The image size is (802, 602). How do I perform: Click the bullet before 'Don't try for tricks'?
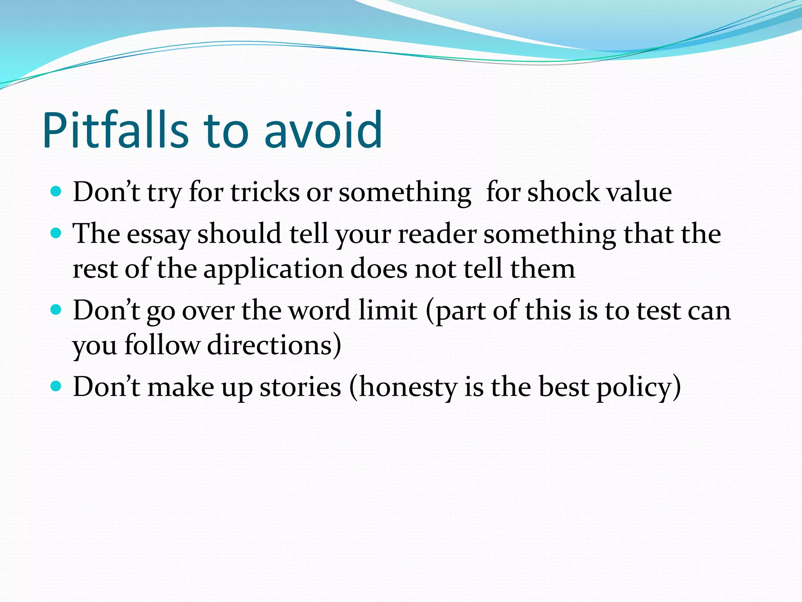(x=56, y=192)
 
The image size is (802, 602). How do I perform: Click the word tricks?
(x=265, y=192)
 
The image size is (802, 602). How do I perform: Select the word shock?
(x=563, y=192)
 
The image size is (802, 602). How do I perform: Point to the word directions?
(x=270, y=345)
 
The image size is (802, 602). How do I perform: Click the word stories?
(x=300, y=387)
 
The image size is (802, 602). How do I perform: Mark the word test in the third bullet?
(x=659, y=311)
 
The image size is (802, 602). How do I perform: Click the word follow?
(x=162, y=345)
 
